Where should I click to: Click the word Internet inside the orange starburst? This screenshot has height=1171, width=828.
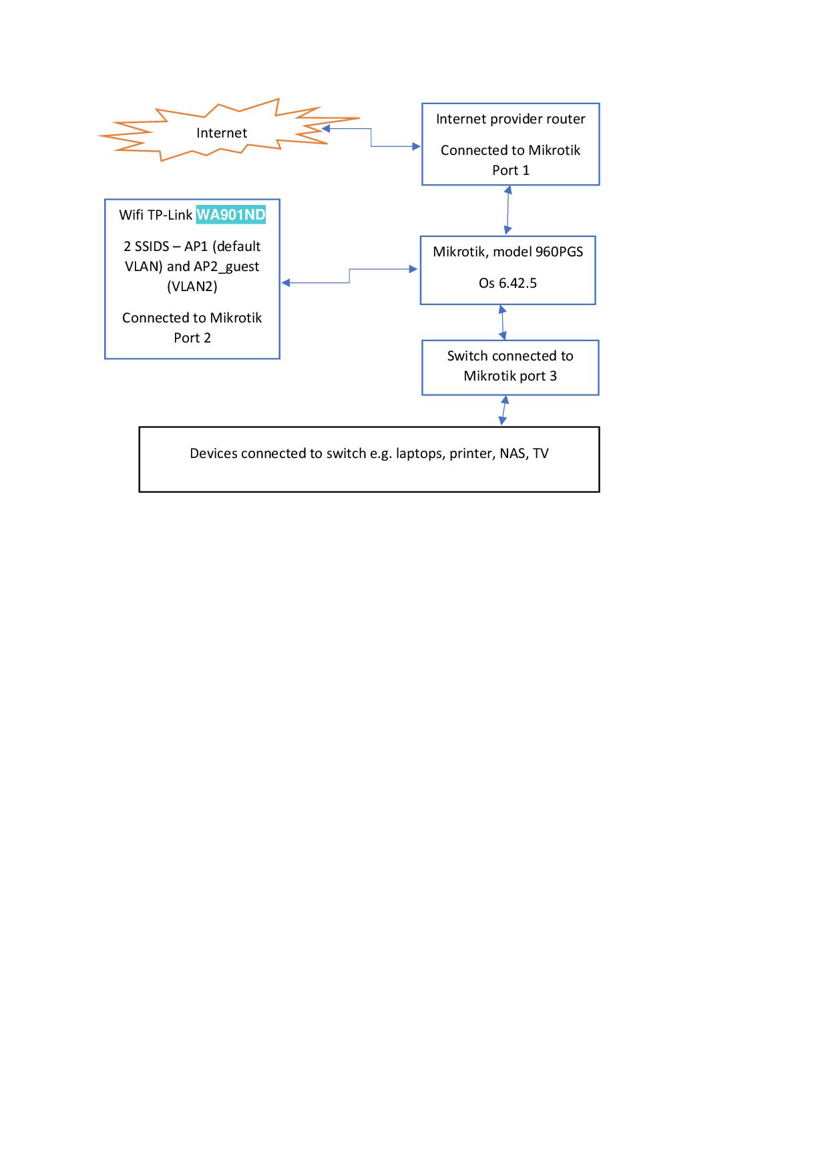tap(222, 133)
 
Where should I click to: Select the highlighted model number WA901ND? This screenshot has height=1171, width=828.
tap(231, 215)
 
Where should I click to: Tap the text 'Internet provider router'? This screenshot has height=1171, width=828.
tap(511, 119)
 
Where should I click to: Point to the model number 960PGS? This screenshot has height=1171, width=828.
tap(560, 252)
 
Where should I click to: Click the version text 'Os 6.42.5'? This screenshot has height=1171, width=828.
tap(507, 283)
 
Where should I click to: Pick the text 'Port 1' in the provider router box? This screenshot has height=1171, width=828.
tap(511, 170)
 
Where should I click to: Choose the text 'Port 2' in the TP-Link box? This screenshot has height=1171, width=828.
tap(192, 338)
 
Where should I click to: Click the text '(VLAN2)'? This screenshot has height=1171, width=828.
tap(192, 286)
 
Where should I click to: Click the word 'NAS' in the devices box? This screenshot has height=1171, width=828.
tap(514, 453)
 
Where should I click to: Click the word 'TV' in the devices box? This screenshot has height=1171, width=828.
tap(541, 453)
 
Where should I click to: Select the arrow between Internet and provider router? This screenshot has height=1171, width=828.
tap(371, 138)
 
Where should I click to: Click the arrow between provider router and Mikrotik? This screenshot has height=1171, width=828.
tap(508, 210)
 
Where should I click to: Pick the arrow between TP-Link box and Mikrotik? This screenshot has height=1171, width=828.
tap(349, 276)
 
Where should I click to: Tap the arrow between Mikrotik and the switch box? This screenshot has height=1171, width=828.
tap(502, 322)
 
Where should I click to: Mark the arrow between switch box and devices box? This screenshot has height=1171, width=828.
tap(503, 411)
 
